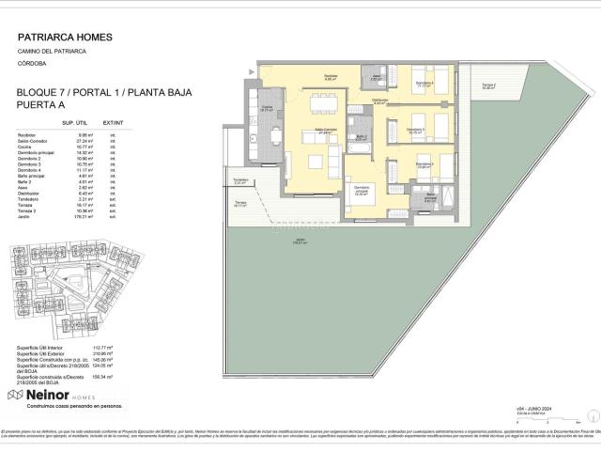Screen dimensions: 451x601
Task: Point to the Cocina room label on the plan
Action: pos(266,108)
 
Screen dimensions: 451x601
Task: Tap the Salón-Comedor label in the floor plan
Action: pos(325,130)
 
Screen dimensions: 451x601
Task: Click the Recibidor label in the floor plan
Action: pos(331,77)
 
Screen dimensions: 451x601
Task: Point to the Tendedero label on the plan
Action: pos(240,180)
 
